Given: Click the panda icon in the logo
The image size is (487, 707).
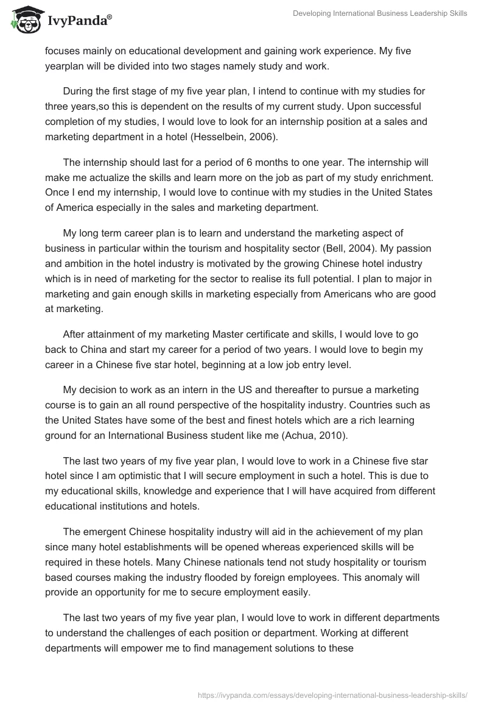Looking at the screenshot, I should [24, 20].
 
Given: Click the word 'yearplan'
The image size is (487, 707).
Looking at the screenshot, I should [66, 67].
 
